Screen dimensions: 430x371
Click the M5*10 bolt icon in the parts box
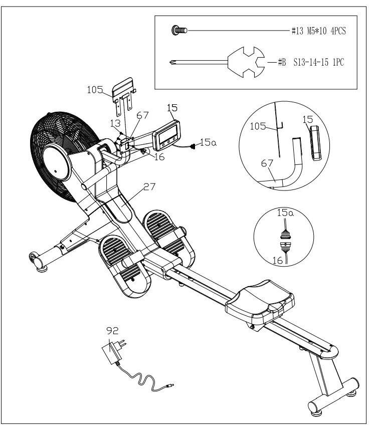coord(179,31)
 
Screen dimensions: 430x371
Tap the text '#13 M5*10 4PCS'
coord(318,31)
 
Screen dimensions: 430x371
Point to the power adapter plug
coord(112,352)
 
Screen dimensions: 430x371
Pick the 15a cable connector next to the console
coord(193,146)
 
